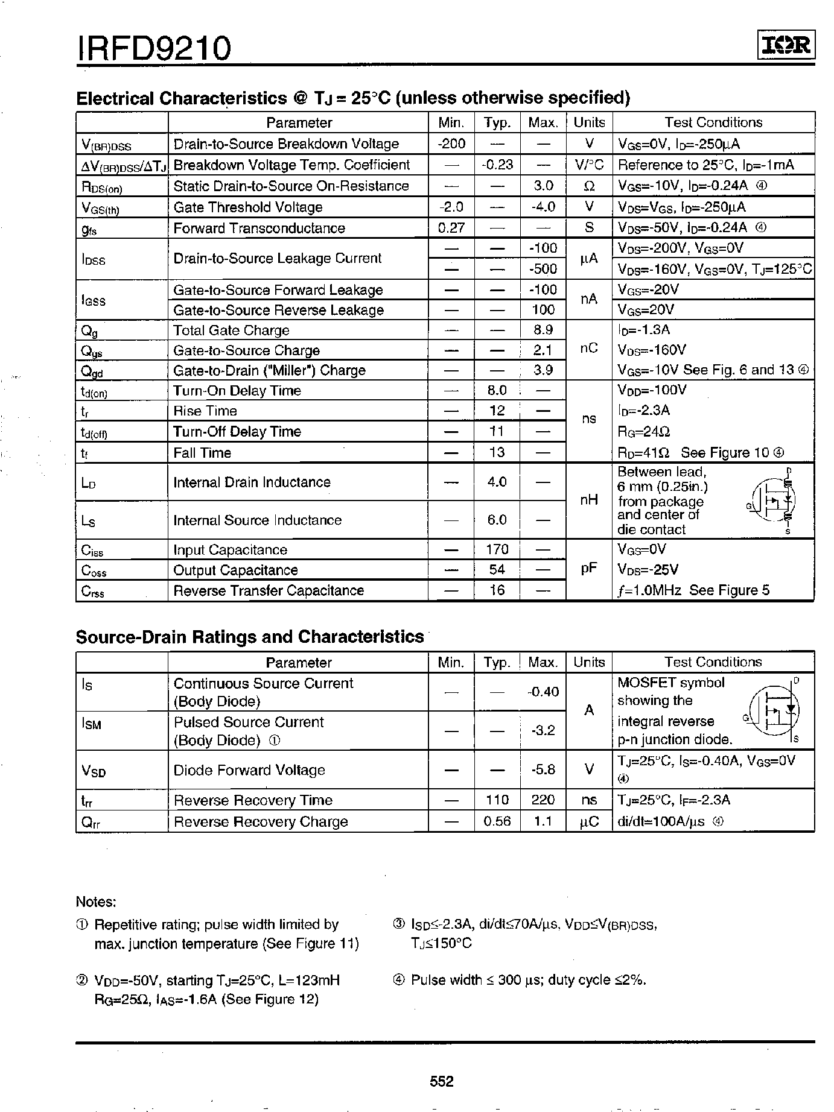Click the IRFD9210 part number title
(154, 48)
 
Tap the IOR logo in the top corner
(786, 46)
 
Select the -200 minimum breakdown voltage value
(451, 144)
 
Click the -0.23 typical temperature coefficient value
(497, 165)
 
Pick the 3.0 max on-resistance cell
(543, 186)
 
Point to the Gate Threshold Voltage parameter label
(247, 207)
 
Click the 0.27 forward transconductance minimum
(451, 228)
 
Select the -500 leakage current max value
(543, 269)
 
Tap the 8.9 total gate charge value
(543, 330)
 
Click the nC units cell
(588, 349)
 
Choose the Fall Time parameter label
(202, 453)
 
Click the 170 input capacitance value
(497, 549)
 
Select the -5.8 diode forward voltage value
(543, 770)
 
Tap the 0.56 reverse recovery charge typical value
(497, 821)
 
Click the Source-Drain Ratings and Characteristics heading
(250, 637)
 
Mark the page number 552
(441, 1081)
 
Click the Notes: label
(96, 902)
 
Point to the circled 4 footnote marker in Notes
(398, 981)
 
